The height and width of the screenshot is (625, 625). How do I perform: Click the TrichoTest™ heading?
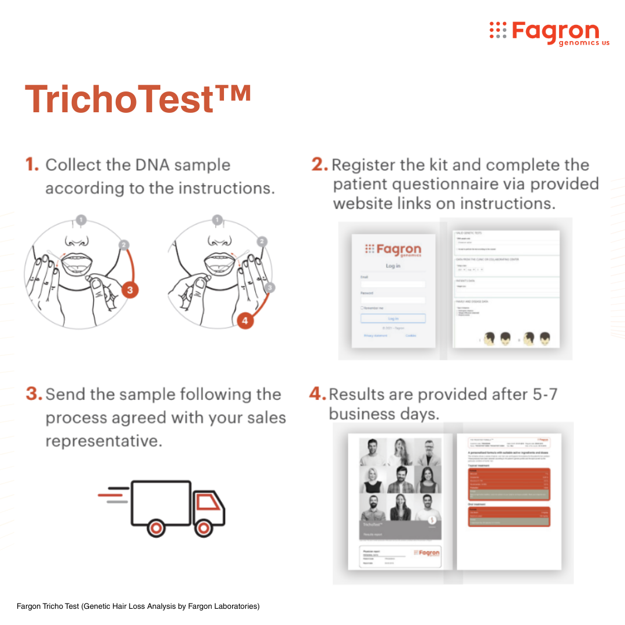coord(138,98)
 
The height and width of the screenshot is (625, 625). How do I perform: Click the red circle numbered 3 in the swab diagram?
coord(131,291)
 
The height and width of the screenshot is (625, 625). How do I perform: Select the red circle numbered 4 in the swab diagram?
coord(245,320)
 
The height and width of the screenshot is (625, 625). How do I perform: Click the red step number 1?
coord(32,165)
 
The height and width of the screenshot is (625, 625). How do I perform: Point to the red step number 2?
coord(319,165)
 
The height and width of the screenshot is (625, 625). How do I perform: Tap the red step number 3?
coord(34,395)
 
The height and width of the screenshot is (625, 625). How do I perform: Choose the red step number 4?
coord(318,395)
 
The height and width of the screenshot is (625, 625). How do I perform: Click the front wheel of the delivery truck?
coord(203,527)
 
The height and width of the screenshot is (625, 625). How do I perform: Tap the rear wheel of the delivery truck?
coord(155,527)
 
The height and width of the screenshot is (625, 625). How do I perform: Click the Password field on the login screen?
coord(393,300)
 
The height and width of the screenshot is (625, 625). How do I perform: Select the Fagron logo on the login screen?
coord(393,250)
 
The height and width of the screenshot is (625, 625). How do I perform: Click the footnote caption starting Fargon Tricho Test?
coord(138,606)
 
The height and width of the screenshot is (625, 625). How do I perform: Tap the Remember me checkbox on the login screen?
coord(362,308)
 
